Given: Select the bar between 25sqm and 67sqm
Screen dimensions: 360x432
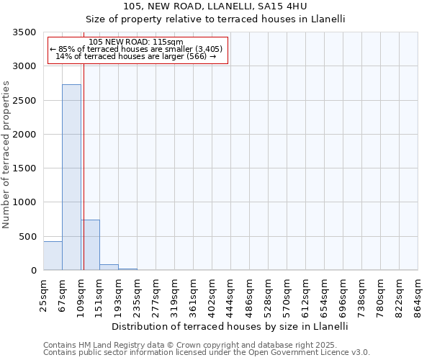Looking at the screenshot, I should (x=53, y=256).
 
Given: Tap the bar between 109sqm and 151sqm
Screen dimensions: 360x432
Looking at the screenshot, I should (x=90, y=245).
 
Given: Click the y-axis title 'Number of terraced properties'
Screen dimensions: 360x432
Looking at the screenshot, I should (x=7, y=155).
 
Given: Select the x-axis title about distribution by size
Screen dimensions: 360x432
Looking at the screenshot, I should (x=230, y=326).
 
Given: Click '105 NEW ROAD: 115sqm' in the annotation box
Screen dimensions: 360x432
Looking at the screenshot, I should (x=136, y=42).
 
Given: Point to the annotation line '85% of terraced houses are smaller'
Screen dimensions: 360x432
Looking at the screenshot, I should (x=137, y=49).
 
